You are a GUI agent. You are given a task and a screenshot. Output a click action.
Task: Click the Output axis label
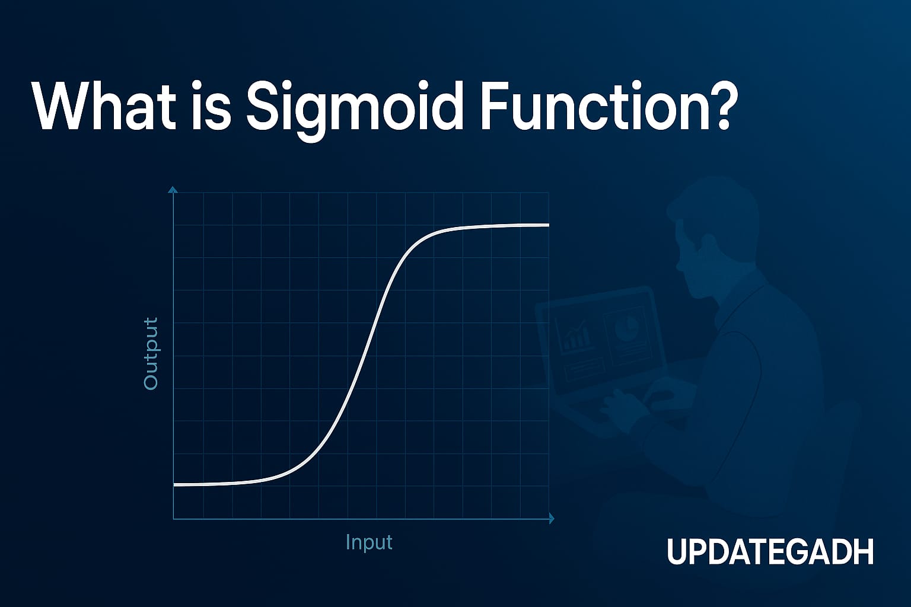151,353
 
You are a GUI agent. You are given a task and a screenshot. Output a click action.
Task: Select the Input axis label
368,542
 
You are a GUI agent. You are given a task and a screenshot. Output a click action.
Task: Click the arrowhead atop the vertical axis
173,190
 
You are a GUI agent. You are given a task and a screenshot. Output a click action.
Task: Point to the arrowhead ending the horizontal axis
551,519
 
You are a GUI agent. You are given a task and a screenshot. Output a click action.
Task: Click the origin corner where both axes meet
173,519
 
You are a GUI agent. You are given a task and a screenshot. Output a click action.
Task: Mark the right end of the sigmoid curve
547,225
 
